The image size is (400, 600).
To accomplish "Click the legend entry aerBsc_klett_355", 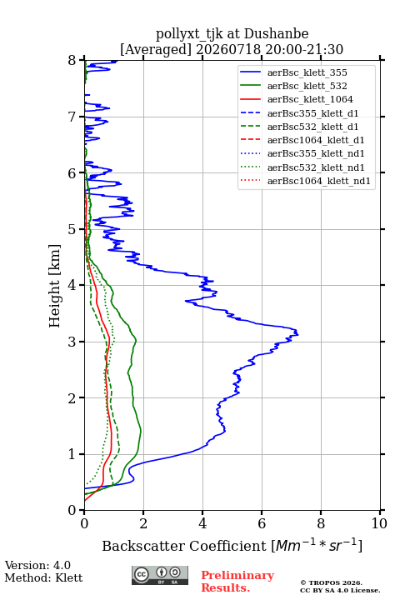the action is (x=307, y=72).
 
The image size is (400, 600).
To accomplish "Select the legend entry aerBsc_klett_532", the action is (x=307, y=86).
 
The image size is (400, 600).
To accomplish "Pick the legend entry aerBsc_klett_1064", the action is (x=310, y=99).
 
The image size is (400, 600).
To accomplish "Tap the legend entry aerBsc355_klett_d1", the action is (x=312, y=113).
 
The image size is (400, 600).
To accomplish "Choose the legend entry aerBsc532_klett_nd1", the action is (x=316, y=167).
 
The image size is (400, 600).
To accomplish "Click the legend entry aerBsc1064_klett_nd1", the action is (x=319, y=181).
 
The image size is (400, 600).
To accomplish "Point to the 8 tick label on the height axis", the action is (x=72, y=61).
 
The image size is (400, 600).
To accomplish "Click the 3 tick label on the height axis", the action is (x=72, y=342).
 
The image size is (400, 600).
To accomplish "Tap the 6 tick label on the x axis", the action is (x=262, y=523).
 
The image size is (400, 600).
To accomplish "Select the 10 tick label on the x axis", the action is (x=379, y=523).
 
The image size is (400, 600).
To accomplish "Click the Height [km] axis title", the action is (x=54, y=286).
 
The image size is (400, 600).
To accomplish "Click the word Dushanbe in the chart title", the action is (x=276, y=34).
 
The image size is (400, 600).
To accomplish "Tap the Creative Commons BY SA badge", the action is (x=160, y=576).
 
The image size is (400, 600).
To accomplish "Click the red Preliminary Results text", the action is (x=237, y=582).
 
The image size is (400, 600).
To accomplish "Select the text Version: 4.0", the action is (x=37, y=565).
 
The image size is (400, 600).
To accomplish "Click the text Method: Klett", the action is (x=43, y=577).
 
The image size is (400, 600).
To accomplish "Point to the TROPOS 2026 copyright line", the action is (x=332, y=582).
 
